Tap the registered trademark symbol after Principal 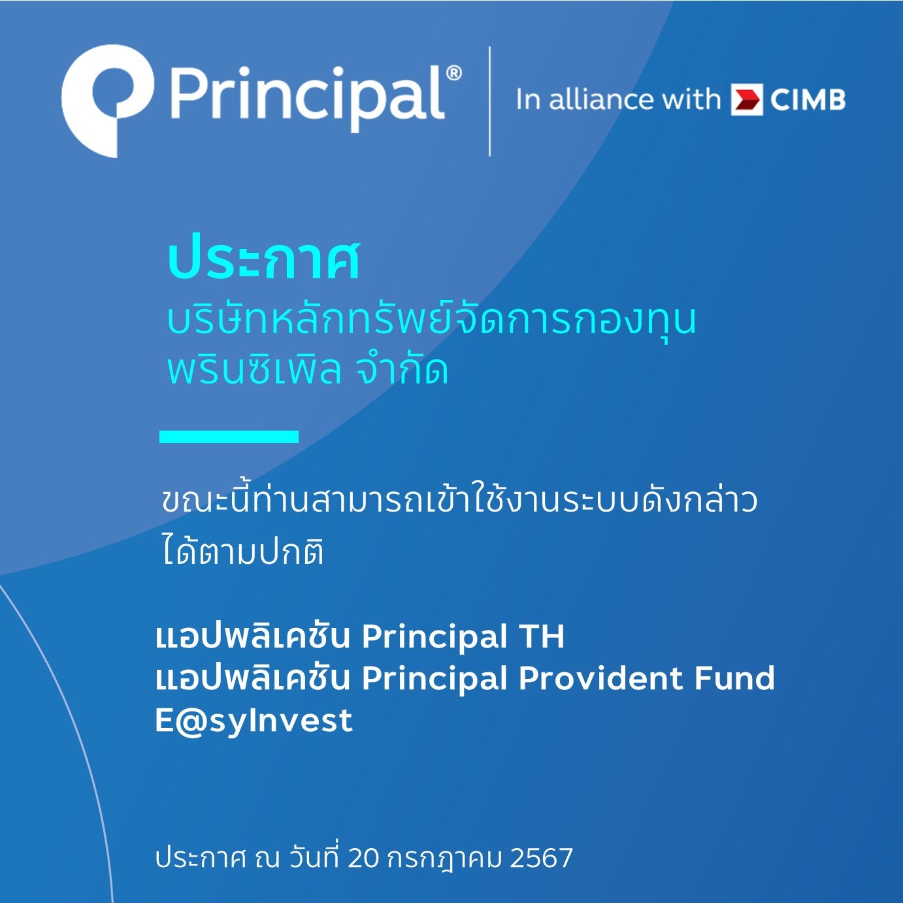453,73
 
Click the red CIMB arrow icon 747,99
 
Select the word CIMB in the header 808,100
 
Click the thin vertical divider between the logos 489,101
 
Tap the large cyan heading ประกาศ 264,261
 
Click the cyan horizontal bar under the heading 229,436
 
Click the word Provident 600,678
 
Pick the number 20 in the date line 363,858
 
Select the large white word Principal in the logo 307,99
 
